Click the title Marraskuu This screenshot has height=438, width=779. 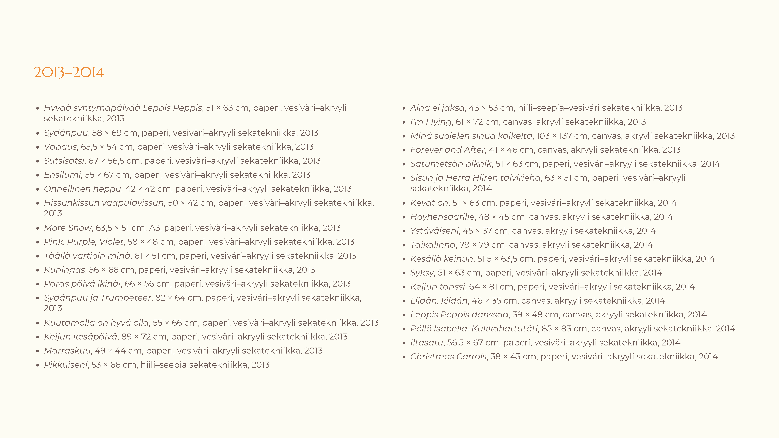(67, 351)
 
